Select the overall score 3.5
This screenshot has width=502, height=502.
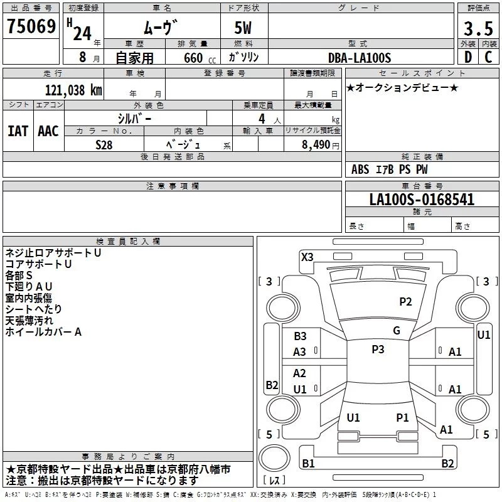(478, 28)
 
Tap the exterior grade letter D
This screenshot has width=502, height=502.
(467, 57)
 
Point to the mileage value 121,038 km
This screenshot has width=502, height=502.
(73, 90)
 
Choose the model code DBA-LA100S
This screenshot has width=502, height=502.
(360, 58)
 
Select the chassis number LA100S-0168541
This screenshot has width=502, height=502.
(422, 200)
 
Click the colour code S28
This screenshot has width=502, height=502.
(104, 144)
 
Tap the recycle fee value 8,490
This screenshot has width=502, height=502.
(316, 145)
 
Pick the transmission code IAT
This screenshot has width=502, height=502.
(18, 131)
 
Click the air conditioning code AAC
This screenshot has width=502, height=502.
(48, 131)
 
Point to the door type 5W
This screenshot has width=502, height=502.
(243, 29)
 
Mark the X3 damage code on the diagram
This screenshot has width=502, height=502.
(307, 257)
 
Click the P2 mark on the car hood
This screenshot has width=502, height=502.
(405, 302)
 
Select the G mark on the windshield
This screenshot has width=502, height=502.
(396, 331)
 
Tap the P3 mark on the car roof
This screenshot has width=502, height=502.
(377, 350)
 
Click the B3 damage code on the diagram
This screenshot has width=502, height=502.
(300, 337)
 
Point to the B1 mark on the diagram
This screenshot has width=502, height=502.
(308, 464)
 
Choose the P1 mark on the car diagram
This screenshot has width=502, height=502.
(402, 417)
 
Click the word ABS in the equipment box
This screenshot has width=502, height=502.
(360, 169)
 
